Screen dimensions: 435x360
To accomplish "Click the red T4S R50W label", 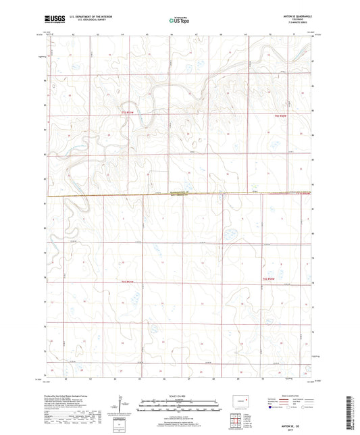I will click(269, 278).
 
